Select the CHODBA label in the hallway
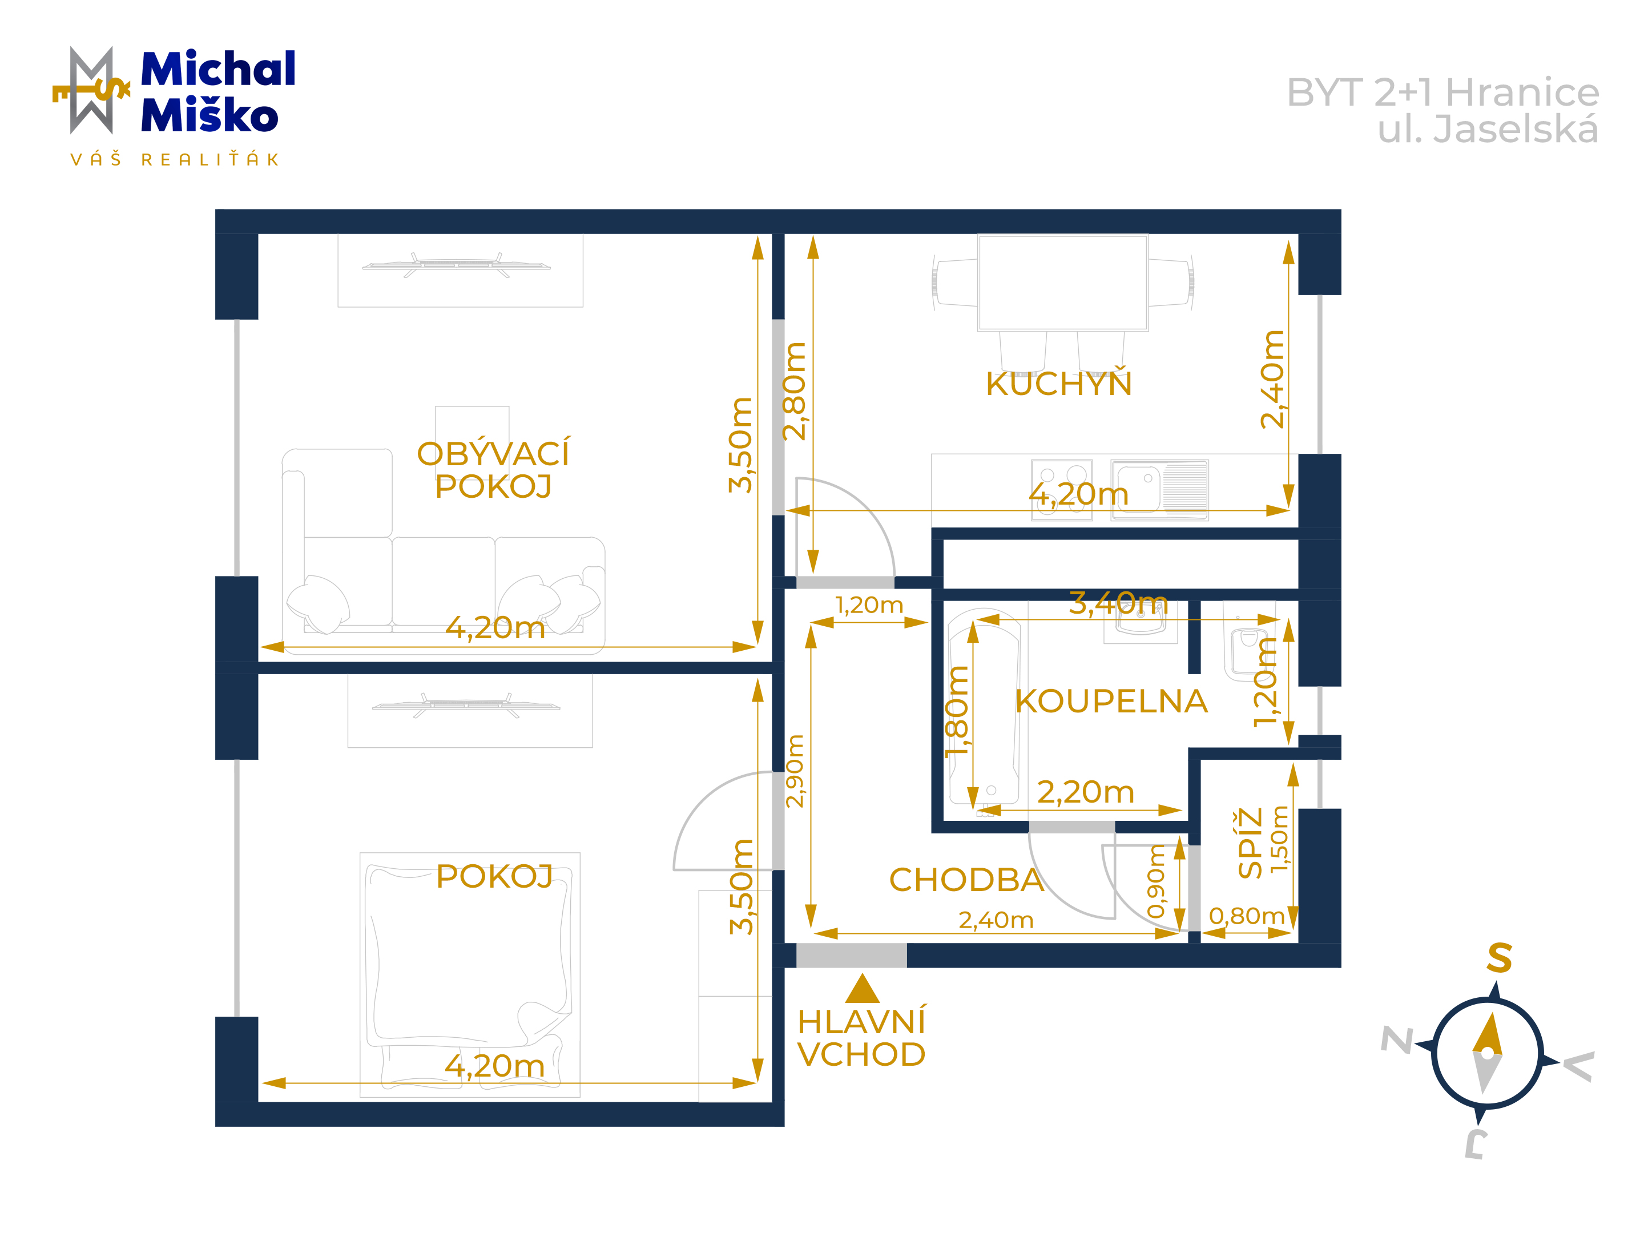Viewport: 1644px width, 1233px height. pyautogui.click(x=966, y=880)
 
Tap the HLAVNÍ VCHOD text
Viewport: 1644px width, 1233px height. pyautogui.click(x=861, y=1038)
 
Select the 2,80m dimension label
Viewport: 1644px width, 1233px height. pyautogui.click(x=795, y=391)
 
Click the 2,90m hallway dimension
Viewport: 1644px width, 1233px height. pyautogui.click(x=795, y=771)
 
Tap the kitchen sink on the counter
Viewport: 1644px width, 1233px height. pyautogui.click(x=1159, y=490)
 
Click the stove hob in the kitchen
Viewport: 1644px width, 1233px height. pyautogui.click(x=1062, y=490)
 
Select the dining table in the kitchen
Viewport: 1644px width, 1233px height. pyautogui.click(x=1063, y=283)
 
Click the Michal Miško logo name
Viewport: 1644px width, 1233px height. pyautogui.click(x=217, y=91)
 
